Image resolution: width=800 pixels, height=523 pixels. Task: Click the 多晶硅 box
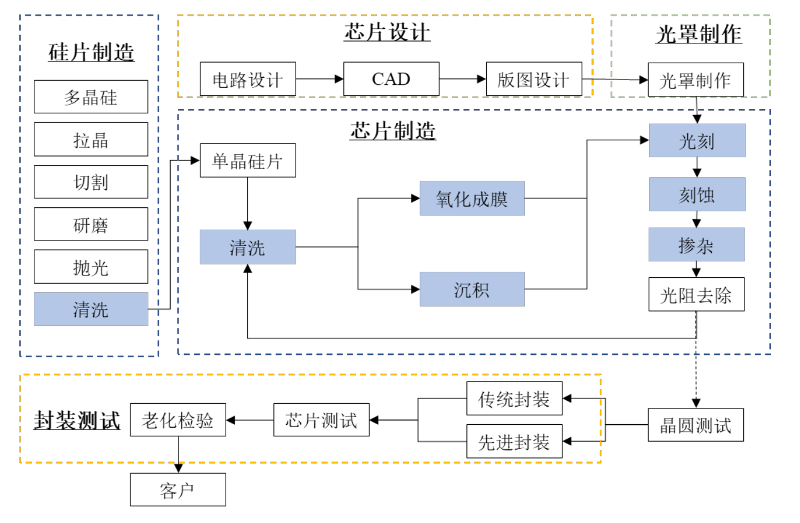click(90, 96)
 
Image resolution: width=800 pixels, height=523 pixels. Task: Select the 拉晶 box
click(90, 139)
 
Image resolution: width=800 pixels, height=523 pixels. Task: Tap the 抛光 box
click(90, 266)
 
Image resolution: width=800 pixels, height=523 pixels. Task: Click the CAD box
click(391, 79)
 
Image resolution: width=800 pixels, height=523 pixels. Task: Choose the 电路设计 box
click(248, 79)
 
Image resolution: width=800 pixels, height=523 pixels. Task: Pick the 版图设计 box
click(534, 79)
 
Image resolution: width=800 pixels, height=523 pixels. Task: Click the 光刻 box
click(697, 140)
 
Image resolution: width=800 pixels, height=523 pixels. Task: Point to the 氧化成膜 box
click(472, 198)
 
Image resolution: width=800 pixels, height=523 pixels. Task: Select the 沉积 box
click(472, 289)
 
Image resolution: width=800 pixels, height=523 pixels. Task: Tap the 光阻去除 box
click(696, 294)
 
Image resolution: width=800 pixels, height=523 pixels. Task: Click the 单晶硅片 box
click(248, 160)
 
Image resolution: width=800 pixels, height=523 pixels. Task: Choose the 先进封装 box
click(514, 442)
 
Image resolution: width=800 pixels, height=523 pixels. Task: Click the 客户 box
click(178, 490)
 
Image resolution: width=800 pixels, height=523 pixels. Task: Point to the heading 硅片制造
click(91, 52)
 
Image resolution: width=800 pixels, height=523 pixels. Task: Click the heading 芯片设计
click(387, 32)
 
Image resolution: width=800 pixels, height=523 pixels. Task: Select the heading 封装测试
click(77, 420)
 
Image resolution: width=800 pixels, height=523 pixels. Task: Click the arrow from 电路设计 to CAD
click(320, 79)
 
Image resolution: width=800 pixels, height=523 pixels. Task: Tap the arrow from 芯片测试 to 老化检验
click(250, 420)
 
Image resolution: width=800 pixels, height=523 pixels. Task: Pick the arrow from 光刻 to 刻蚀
click(697, 167)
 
